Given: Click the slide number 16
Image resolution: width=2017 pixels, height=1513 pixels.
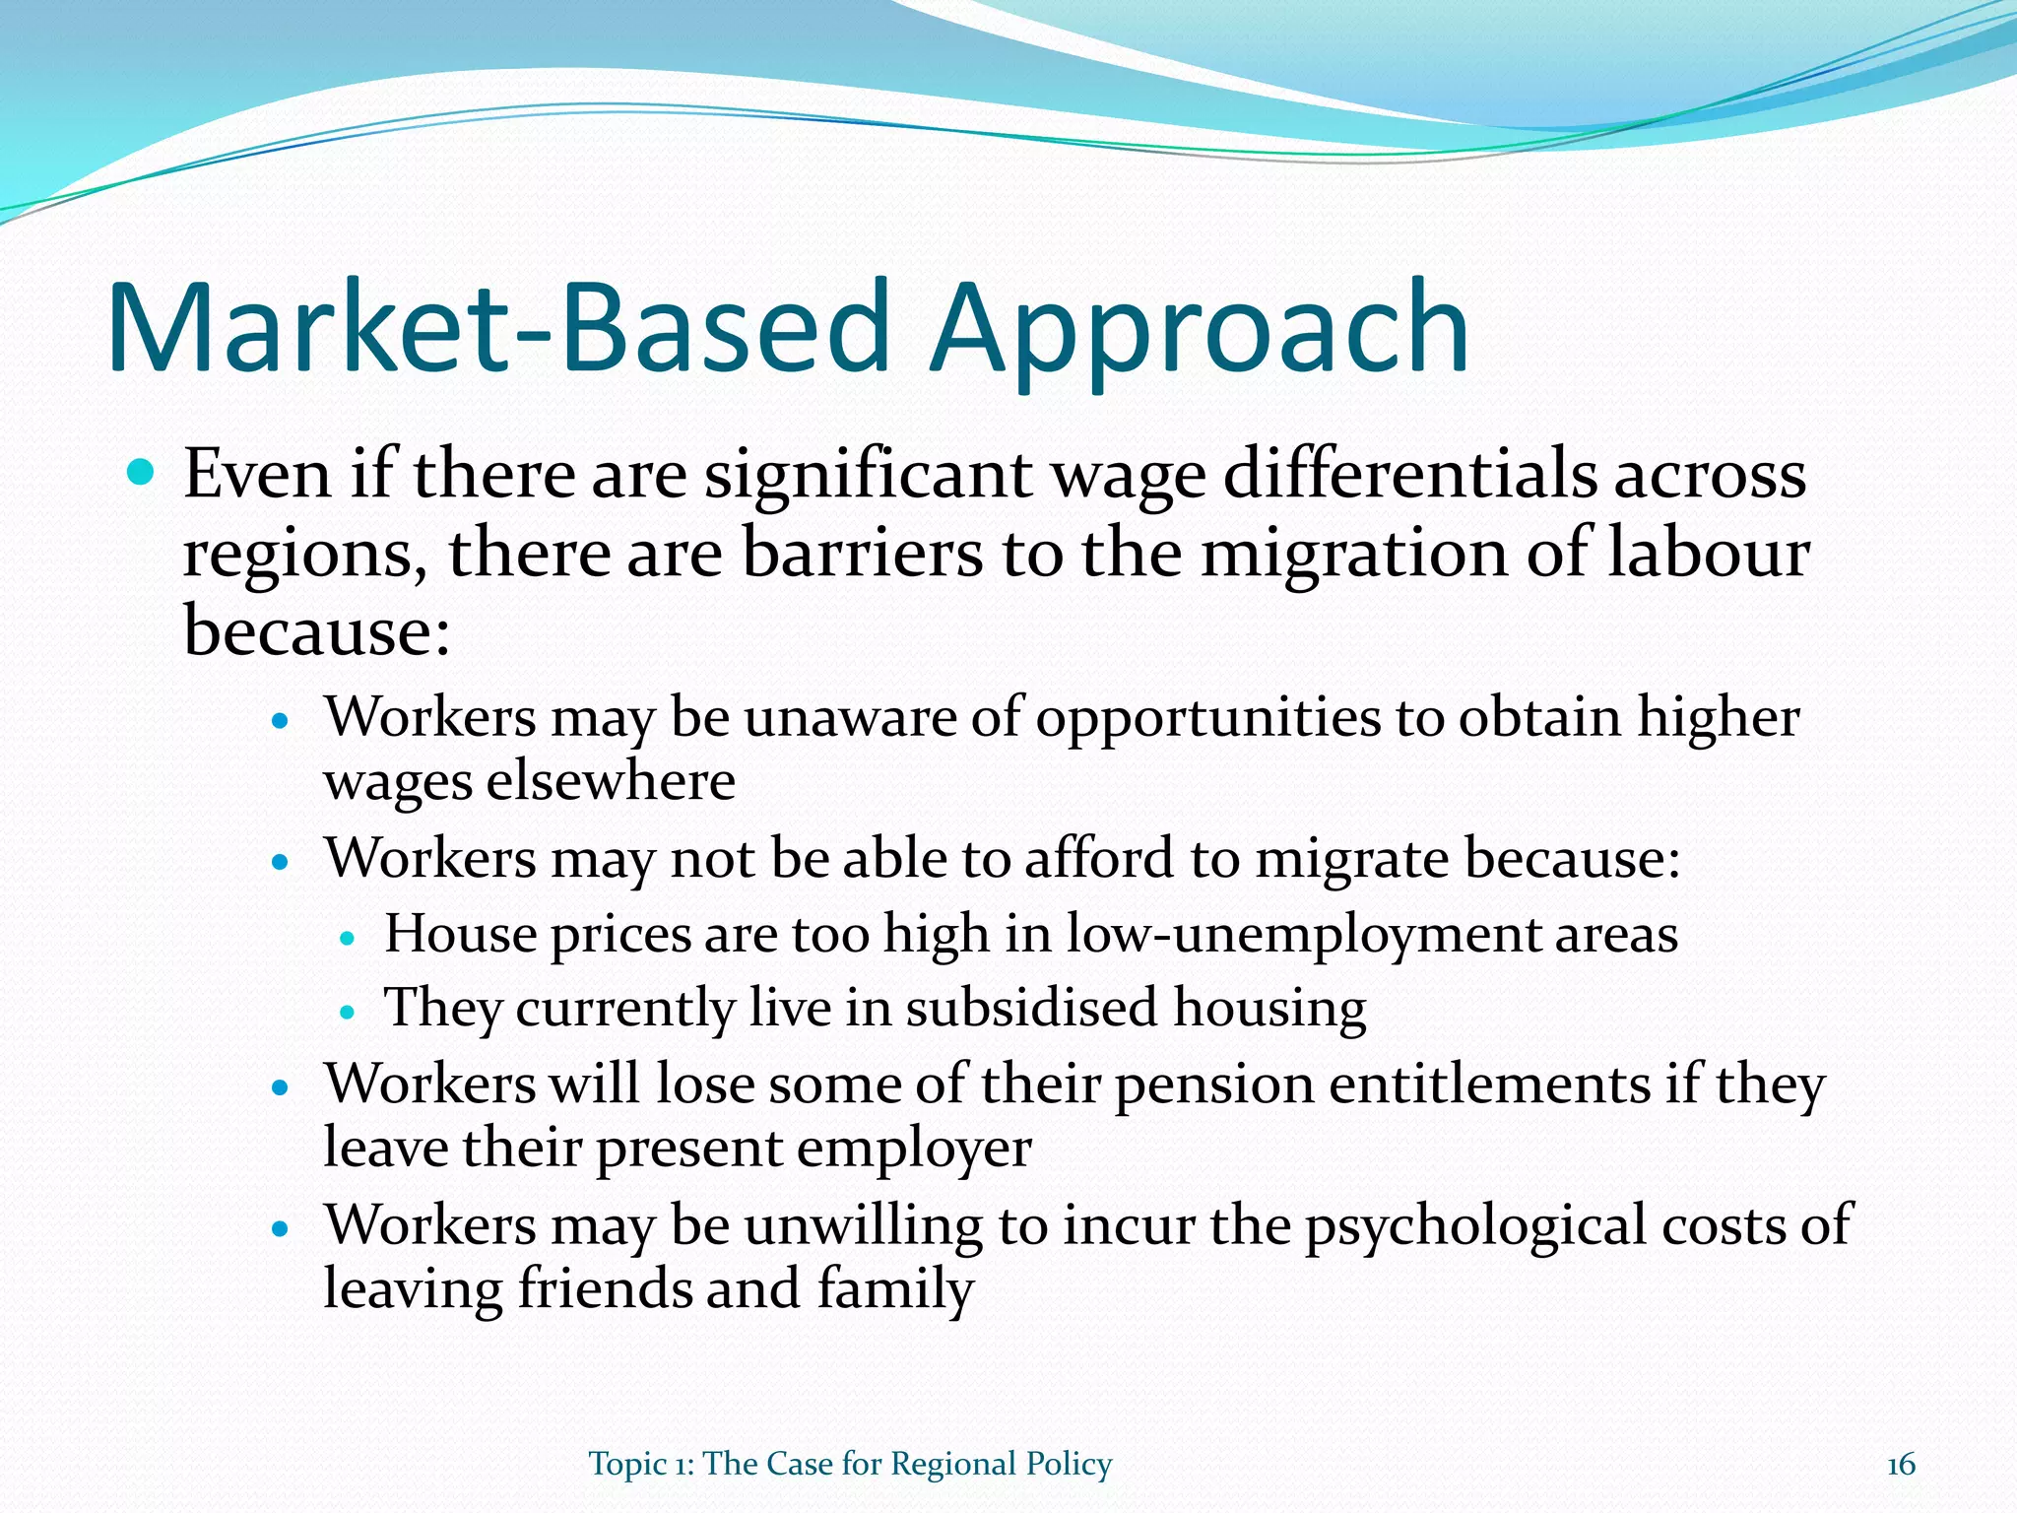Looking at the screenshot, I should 1901,1465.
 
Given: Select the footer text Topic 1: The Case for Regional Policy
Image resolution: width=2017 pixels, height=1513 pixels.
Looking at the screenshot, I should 850,1465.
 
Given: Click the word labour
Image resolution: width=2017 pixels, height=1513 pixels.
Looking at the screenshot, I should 1709,553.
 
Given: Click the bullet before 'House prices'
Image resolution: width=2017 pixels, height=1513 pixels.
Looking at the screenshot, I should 346,938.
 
